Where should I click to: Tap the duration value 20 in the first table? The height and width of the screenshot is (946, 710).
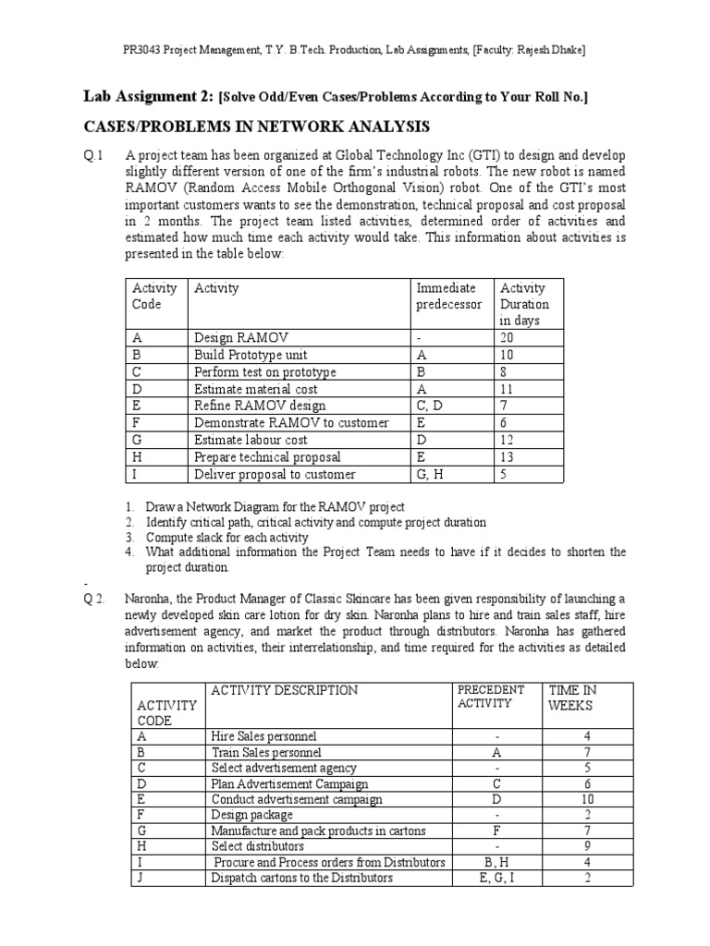(508, 338)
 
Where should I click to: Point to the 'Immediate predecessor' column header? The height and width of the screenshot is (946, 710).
(448, 297)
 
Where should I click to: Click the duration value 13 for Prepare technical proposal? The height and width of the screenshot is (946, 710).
(508, 456)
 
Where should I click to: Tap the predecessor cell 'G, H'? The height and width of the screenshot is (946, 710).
(432, 474)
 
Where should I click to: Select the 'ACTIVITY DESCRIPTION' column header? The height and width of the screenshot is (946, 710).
(284, 690)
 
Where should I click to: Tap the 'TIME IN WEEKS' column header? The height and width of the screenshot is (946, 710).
(572, 697)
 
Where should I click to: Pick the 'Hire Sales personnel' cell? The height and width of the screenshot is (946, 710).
(263, 736)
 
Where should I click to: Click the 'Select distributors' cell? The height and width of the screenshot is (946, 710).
(258, 846)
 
